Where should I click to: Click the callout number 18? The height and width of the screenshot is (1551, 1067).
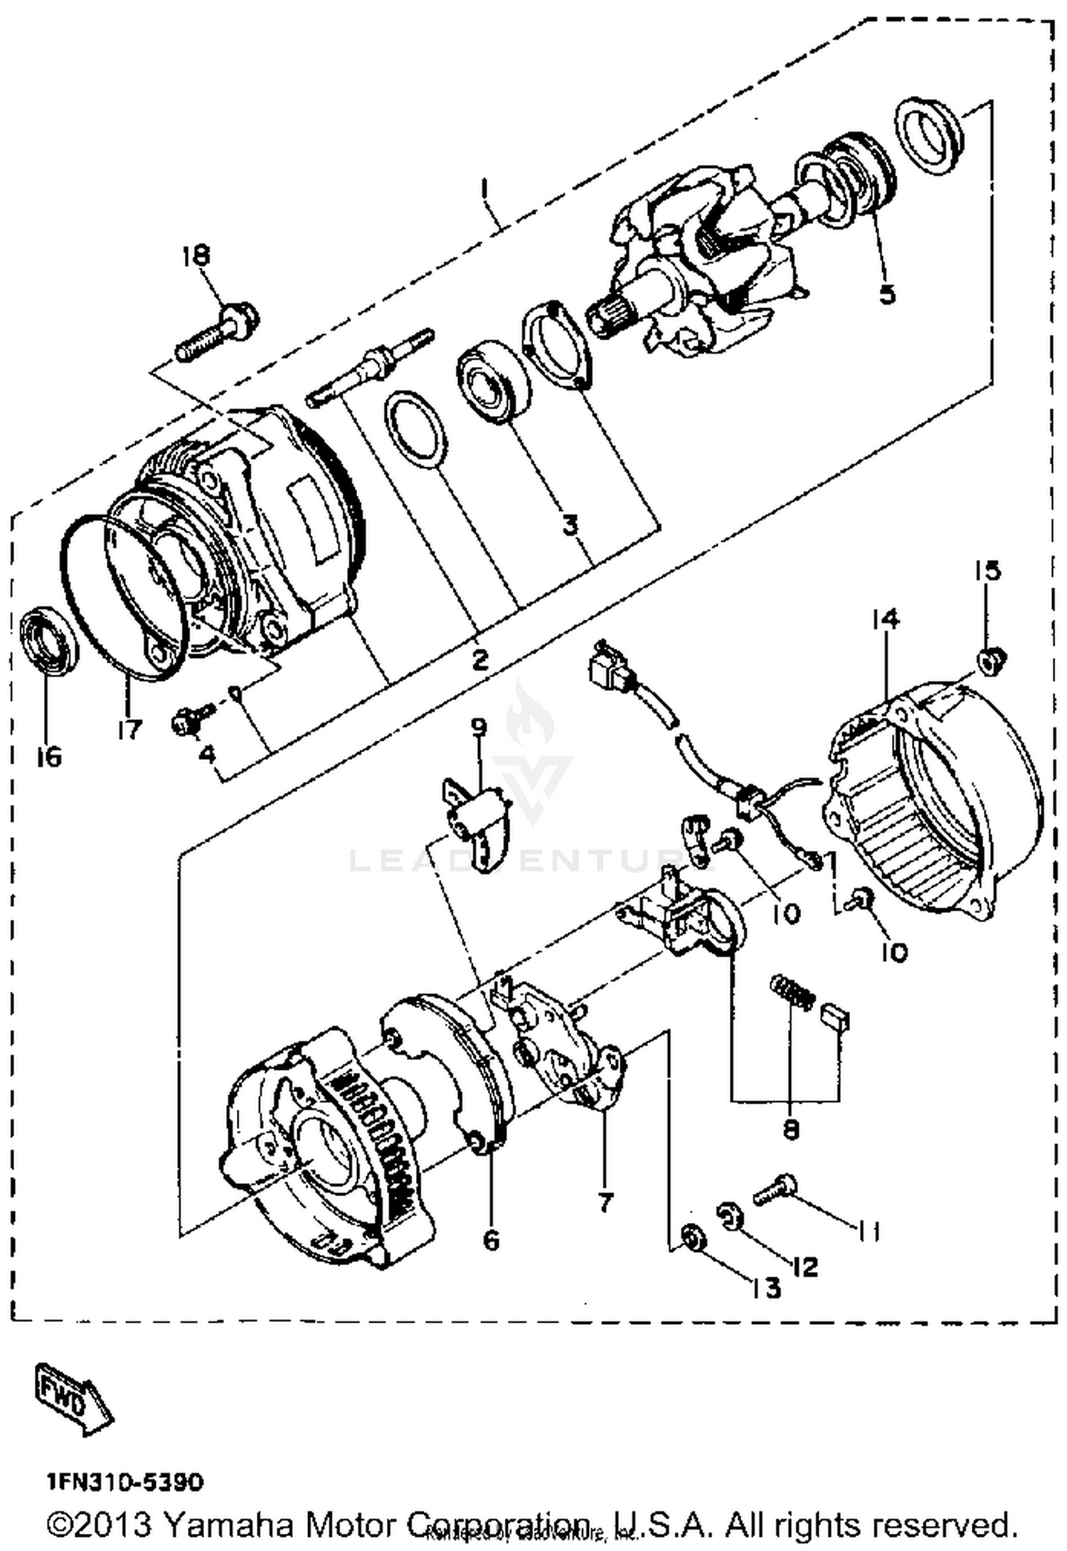(x=197, y=254)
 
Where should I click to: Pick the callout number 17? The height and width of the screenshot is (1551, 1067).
(x=129, y=729)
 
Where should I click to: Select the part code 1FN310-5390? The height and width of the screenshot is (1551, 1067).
(x=125, y=1483)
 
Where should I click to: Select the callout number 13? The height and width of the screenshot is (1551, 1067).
(x=766, y=1287)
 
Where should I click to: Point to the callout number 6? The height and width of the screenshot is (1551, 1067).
(x=491, y=1240)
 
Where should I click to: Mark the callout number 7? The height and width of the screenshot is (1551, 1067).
(x=604, y=1202)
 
